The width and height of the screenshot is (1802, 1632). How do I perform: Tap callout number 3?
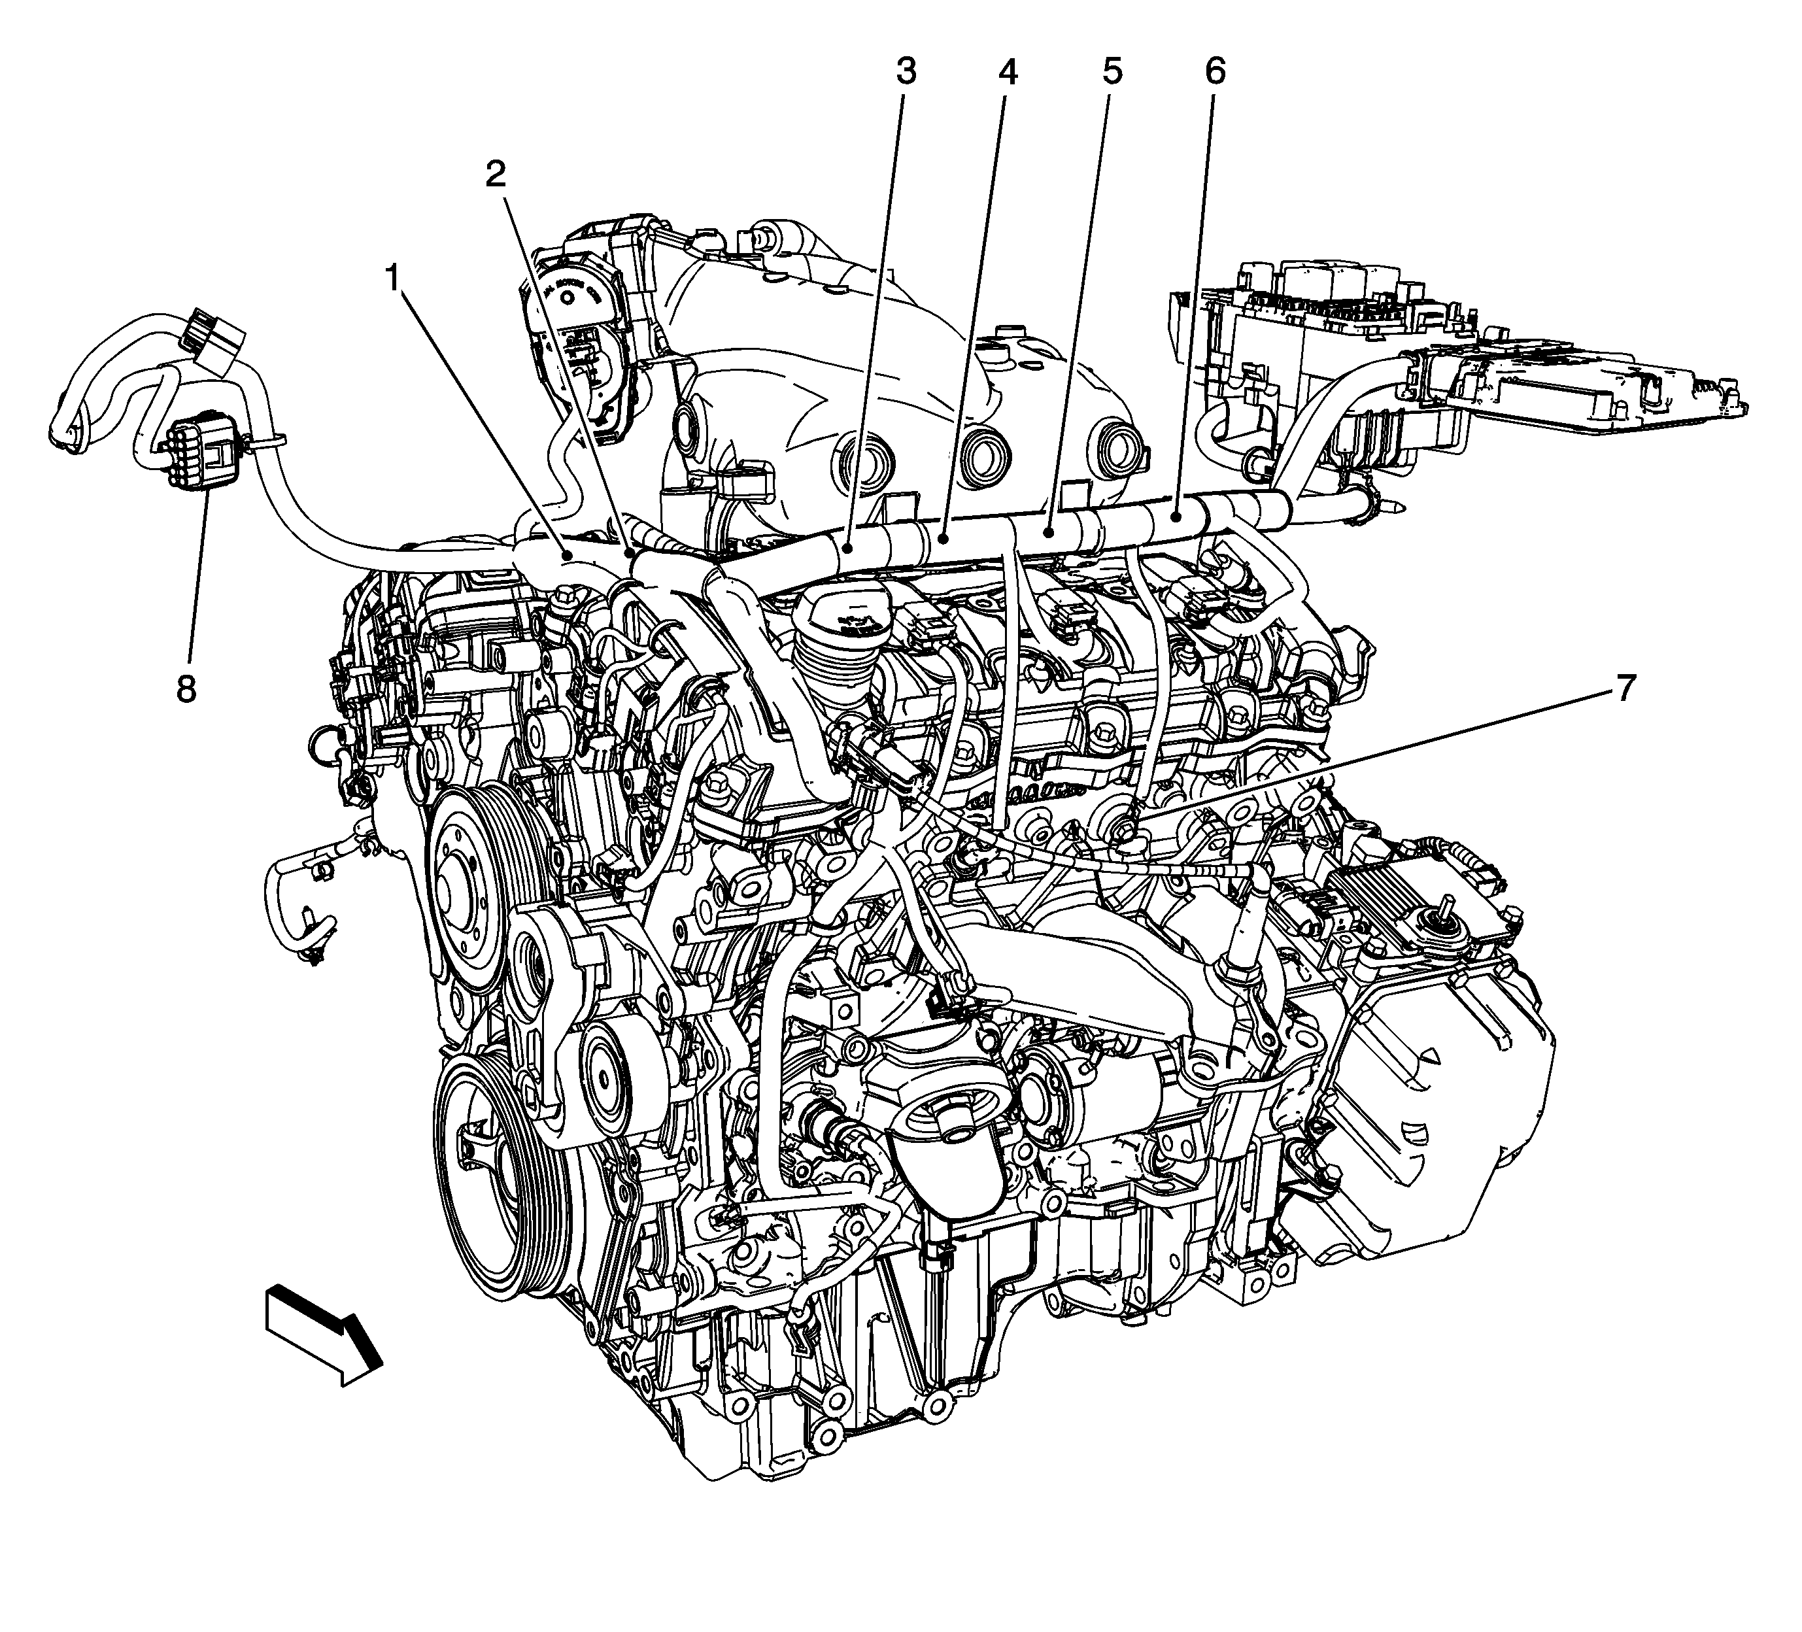pyautogui.click(x=906, y=71)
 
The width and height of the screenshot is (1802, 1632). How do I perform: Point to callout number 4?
pyautogui.click(x=1008, y=71)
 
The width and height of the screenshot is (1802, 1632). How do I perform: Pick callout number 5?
pyautogui.click(x=1111, y=71)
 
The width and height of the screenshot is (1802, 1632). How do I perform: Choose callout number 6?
pyautogui.click(x=1215, y=71)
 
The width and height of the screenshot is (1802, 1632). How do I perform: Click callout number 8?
pyautogui.click(x=186, y=689)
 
